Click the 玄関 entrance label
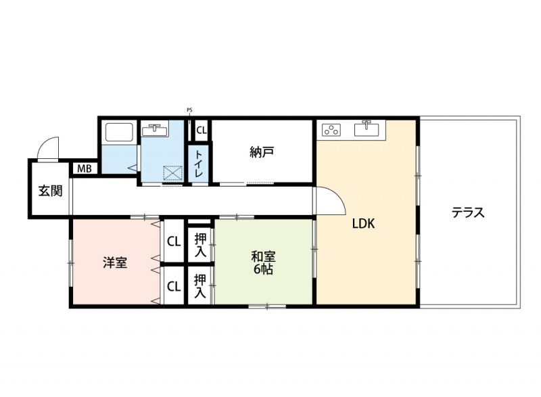coord(50,191)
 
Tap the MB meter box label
coord(85,168)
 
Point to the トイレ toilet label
coord(200,164)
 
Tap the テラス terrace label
coord(469,213)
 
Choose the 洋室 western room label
coord(116,262)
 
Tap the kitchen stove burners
coord(331,129)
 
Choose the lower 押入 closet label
coord(201,285)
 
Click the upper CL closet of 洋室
coord(174,241)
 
